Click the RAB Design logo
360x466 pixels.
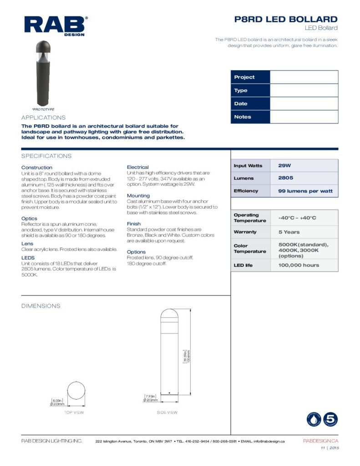[56, 25]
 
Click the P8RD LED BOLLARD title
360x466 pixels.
[285, 19]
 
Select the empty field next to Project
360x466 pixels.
[304, 77]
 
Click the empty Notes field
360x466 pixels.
[304, 117]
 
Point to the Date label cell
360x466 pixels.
[250, 104]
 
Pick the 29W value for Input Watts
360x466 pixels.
[284, 166]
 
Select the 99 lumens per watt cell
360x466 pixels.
[305, 191]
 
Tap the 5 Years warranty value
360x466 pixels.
[289, 232]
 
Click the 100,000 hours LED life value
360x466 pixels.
[299, 265]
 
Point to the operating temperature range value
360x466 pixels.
[297, 218]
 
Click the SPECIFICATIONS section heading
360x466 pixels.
[46, 156]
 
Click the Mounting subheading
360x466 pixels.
[138, 196]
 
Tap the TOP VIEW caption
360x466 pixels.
[74, 412]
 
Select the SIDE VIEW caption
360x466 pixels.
[167, 412]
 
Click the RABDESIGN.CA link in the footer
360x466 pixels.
[320, 441]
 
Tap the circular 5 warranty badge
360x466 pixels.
[330, 419]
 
